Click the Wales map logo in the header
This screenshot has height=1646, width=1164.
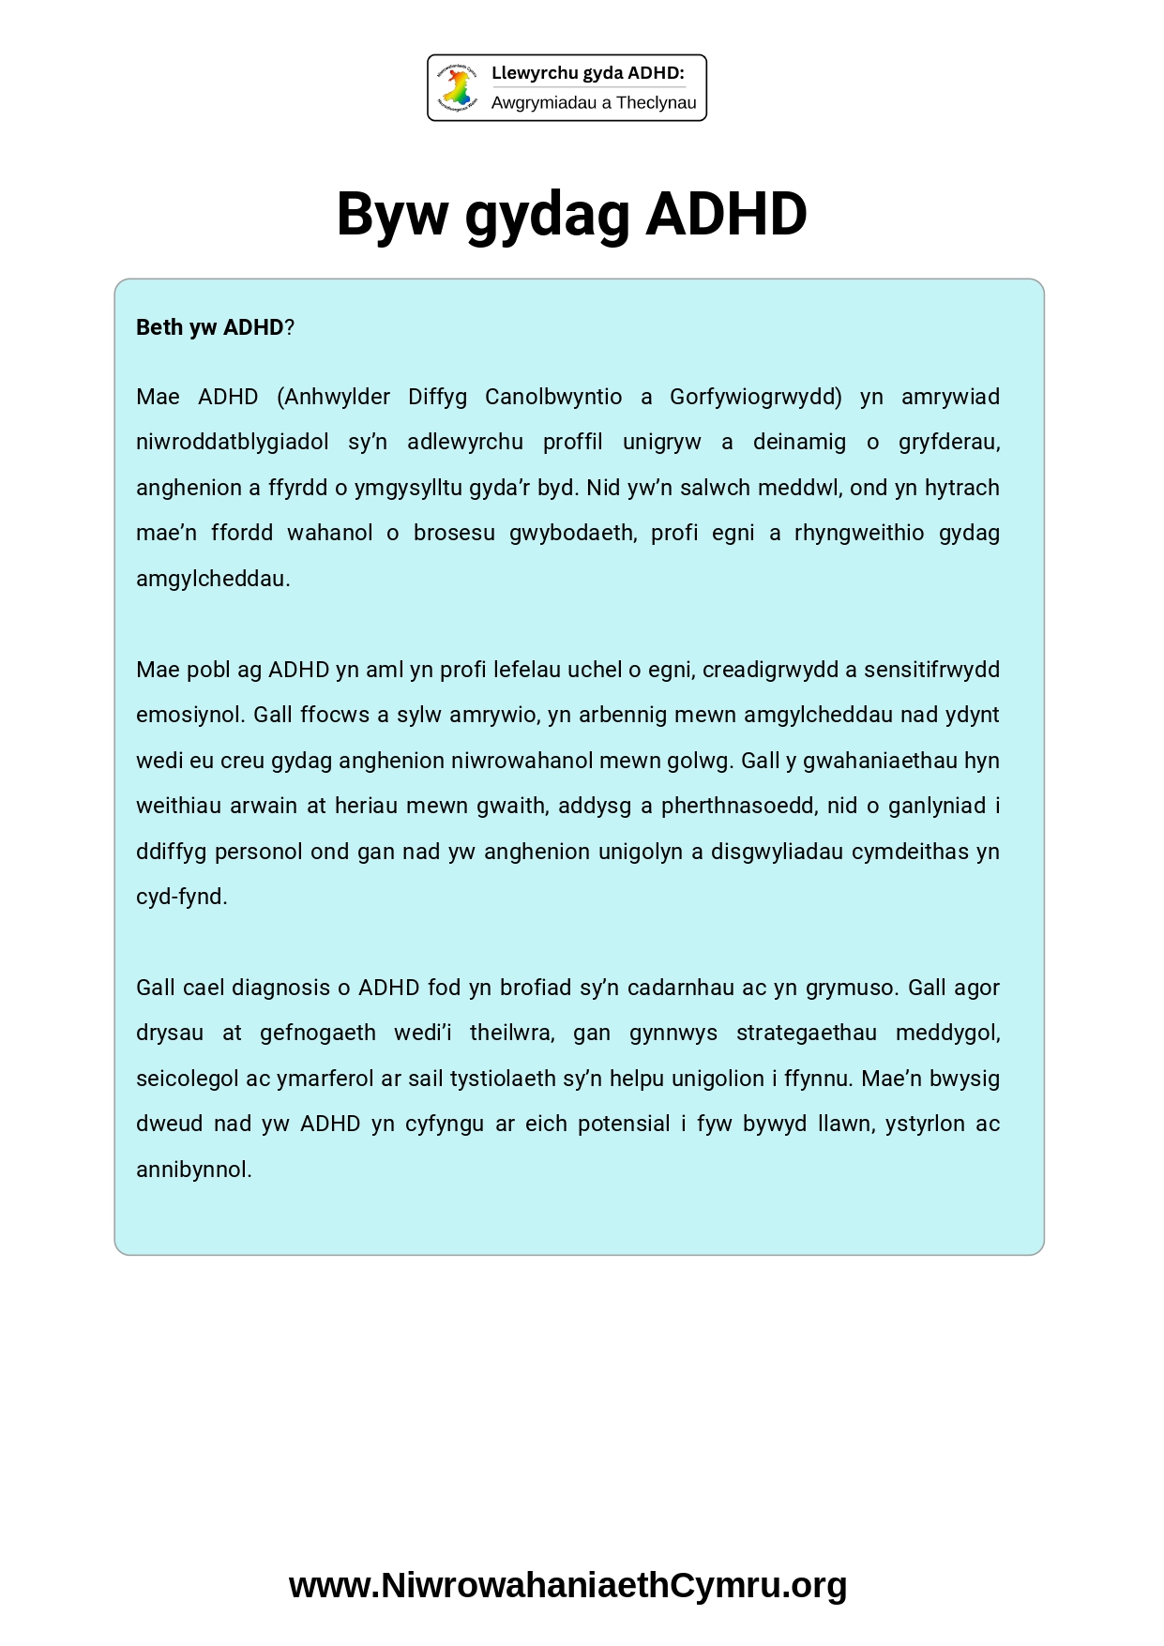click(458, 88)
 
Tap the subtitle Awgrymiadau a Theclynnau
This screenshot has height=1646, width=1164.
click(594, 103)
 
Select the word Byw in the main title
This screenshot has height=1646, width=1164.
click(392, 214)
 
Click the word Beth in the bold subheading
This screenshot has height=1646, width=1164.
click(159, 327)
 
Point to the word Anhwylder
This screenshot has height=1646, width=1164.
click(334, 397)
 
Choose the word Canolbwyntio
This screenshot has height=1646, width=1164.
click(553, 397)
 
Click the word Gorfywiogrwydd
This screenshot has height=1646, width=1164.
click(756, 397)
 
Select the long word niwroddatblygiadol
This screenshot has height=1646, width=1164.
click(233, 442)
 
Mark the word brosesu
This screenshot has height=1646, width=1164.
click(454, 533)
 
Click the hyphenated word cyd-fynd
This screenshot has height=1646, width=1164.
click(182, 897)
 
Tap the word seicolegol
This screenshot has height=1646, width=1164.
click(188, 1079)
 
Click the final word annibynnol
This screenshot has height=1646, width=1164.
click(194, 1170)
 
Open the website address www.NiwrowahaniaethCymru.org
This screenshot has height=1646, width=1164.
click(568, 1585)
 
